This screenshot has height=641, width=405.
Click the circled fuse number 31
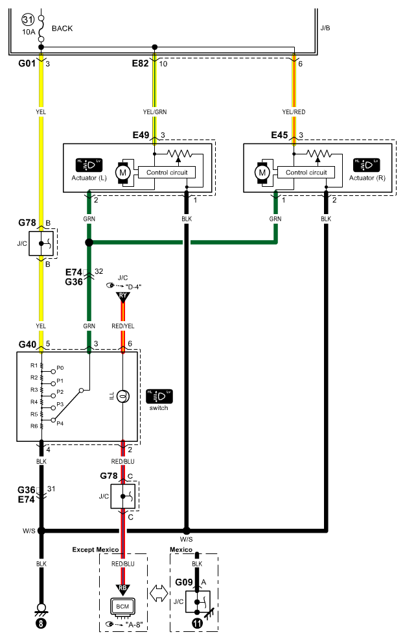pos(28,19)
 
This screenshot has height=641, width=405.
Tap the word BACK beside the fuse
pos(62,29)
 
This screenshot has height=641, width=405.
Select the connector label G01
pos(27,64)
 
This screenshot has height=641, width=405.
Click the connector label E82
pos(140,64)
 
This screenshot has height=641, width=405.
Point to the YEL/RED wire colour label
pos(294,112)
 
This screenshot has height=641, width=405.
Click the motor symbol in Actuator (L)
pos(122,173)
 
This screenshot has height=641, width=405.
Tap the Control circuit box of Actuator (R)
pos(307,173)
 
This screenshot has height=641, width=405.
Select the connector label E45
pos(280,136)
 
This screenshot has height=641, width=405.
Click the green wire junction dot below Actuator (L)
pos(89,243)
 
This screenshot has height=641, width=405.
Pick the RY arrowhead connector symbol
pos(123,296)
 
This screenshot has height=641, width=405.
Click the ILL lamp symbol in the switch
pos(123,396)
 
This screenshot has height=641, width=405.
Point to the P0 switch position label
pos(60,368)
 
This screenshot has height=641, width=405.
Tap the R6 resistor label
pos(34,426)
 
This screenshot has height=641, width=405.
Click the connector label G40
pos(27,345)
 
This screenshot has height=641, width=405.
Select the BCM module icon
pos(122,607)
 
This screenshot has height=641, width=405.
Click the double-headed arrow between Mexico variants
pos(158,594)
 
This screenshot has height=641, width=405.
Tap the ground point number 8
pos(41,624)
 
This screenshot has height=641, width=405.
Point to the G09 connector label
pos(184,582)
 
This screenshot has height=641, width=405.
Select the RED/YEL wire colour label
pos(123,326)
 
